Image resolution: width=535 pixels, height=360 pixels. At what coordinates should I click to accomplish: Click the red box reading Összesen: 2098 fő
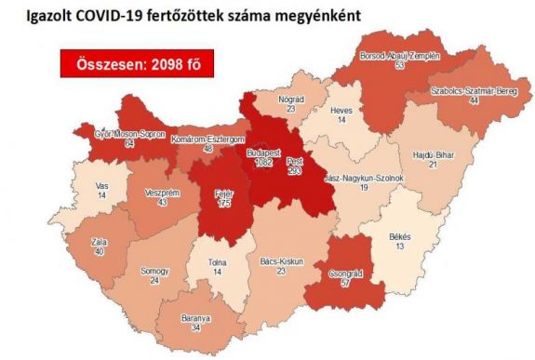pyautogui.click(x=130, y=66)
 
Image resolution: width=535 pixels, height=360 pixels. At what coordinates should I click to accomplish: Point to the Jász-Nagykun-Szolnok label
pyautogui.click(x=360, y=176)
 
